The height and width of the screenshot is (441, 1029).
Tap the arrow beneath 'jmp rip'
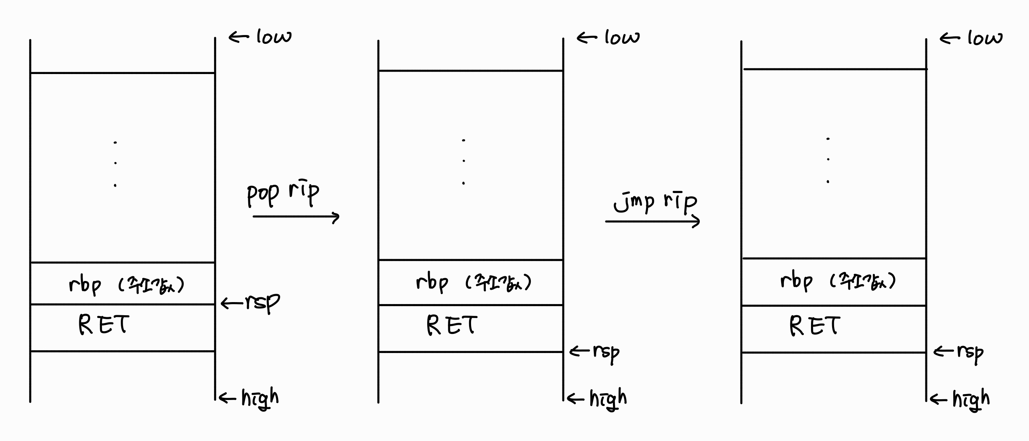point(652,221)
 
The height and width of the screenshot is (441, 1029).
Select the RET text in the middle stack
point(452,325)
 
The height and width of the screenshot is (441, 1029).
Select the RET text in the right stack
point(815,326)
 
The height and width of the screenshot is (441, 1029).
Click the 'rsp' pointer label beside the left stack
point(262,302)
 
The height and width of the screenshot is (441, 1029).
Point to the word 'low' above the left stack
point(274,37)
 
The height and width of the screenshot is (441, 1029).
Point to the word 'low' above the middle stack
point(622,38)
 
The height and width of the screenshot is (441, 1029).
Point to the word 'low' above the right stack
point(985,38)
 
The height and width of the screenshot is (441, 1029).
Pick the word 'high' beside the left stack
point(260,398)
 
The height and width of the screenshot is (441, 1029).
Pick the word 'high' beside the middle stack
point(608,399)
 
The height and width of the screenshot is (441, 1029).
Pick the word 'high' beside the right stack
point(971,399)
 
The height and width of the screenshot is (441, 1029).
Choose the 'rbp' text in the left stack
point(84,285)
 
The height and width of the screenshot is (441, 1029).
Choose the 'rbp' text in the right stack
point(797,281)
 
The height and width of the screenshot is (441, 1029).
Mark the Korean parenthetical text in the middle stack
point(499,283)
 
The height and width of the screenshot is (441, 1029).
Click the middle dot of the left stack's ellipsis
point(116,163)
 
